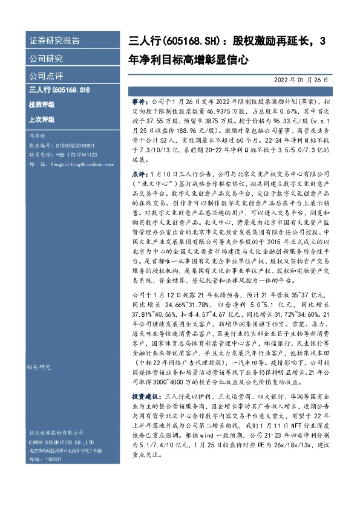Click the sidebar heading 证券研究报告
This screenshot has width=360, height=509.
coord(55,42)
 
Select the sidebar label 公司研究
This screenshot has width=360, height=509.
coord(46,59)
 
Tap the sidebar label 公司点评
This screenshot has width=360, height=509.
coord(46,77)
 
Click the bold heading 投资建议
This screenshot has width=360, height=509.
coord(143,378)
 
